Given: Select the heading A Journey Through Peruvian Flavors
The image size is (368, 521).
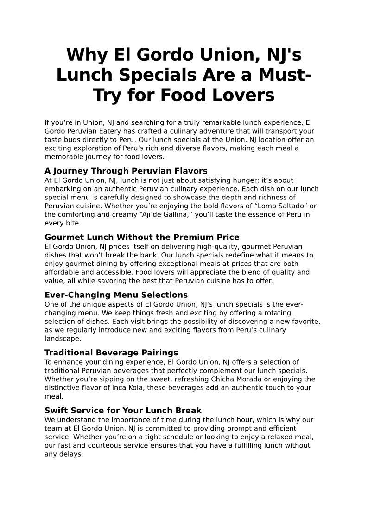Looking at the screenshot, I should tap(126, 171).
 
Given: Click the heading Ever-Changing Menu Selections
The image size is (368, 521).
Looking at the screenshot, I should tap(116, 295).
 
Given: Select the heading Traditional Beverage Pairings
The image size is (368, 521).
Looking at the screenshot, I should tap(111, 353).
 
